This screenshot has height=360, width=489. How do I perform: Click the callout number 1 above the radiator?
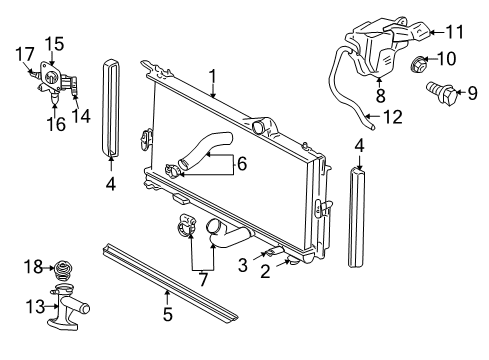click(x=212, y=75)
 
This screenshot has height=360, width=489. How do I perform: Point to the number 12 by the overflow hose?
click(x=393, y=118)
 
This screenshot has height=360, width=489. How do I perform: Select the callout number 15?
click(x=54, y=43)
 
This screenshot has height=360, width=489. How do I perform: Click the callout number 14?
click(x=83, y=113)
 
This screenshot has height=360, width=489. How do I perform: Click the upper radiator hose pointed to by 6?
click(x=208, y=145)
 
